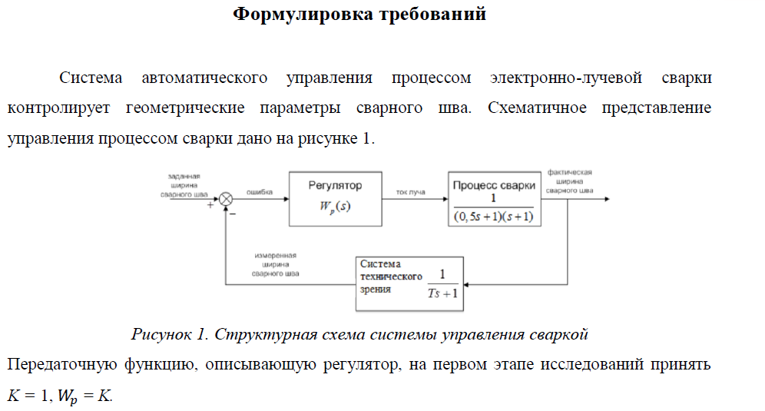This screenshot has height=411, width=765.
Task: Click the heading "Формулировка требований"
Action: tap(359, 14)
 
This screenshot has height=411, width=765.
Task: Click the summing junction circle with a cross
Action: tap(226, 198)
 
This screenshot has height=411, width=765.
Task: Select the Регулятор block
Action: tap(335, 198)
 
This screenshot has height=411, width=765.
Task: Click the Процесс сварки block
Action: tap(494, 198)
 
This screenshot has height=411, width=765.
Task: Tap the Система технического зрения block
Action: tap(409, 283)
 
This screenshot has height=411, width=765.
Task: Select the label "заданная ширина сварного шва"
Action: tap(184, 186)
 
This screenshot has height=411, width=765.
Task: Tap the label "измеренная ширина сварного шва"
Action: tap(276, 264)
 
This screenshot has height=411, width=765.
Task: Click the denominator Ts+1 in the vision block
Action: tap(442, 293)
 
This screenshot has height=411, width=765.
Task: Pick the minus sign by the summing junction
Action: tap(233, 214)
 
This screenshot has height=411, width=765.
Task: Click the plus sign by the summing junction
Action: tap(210, 206)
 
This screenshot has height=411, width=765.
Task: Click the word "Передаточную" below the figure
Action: tap(50, 365)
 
